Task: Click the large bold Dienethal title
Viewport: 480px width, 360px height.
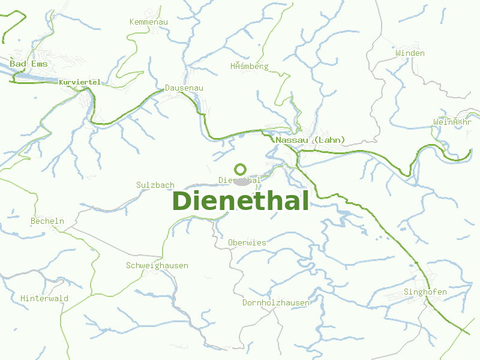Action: (x=241, y=201)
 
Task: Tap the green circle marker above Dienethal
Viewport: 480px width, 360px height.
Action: (x=241, y=169)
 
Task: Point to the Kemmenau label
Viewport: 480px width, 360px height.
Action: (x=149, y=22)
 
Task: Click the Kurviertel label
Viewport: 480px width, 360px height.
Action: (x=80, y=82)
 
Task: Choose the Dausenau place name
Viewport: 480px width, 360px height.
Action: (x=184, y=88)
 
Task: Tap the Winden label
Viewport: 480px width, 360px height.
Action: (x=410, y=53)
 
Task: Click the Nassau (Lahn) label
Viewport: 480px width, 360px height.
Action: (x=310, y=140)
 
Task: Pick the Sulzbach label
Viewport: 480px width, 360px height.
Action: (x=155, y=185)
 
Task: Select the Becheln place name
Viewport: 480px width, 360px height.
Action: (x=47, y=221)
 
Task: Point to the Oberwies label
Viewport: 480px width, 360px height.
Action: (x=247, y=242)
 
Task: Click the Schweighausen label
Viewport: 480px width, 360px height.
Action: (x=157, y=265)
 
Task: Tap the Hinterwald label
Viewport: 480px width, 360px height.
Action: (x=44, y=298)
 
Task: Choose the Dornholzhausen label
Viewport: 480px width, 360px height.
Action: (x=276, y=302)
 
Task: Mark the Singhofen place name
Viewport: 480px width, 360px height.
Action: (x=425, y=292)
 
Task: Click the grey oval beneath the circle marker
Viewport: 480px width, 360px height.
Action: (x=242, y=181)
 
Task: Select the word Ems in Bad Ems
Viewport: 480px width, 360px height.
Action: (x=38, y=63)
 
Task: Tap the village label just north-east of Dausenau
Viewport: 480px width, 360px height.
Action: (x=250, y=66)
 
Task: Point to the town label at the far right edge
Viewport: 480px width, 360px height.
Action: (x=456, y=122)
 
